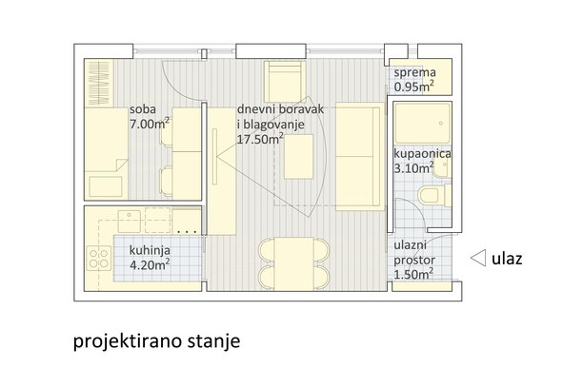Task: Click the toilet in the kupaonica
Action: click(x=434, y=195)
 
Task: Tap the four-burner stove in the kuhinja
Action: click(x=99, y=259)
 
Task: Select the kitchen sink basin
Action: click(x=129, y=222)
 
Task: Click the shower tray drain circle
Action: click(x=441, y=124)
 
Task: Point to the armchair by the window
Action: click(x=285, y=82)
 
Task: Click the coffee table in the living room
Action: click(x=298, y=157)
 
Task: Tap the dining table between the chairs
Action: click(x=294, y=264)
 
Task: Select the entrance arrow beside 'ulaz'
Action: click(x=478, y=258)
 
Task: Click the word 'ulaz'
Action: click(x=507, y=259)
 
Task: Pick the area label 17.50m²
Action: click(x=260, y=139)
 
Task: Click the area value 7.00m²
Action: click(x=150, y=124)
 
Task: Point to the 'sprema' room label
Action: click(x=415, y=72)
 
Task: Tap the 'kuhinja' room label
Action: click(x=150, y=251)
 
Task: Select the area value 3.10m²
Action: click(x=413, y=168)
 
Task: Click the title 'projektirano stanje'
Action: click(x=156, y=341)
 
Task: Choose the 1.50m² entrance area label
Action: click(x=413, y=275)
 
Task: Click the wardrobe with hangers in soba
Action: click(x=99, y=83)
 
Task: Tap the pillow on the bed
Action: click(x=106, y=186)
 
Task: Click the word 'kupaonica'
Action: click(x=422, y=154)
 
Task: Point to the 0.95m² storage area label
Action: click(x=413, y=87)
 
